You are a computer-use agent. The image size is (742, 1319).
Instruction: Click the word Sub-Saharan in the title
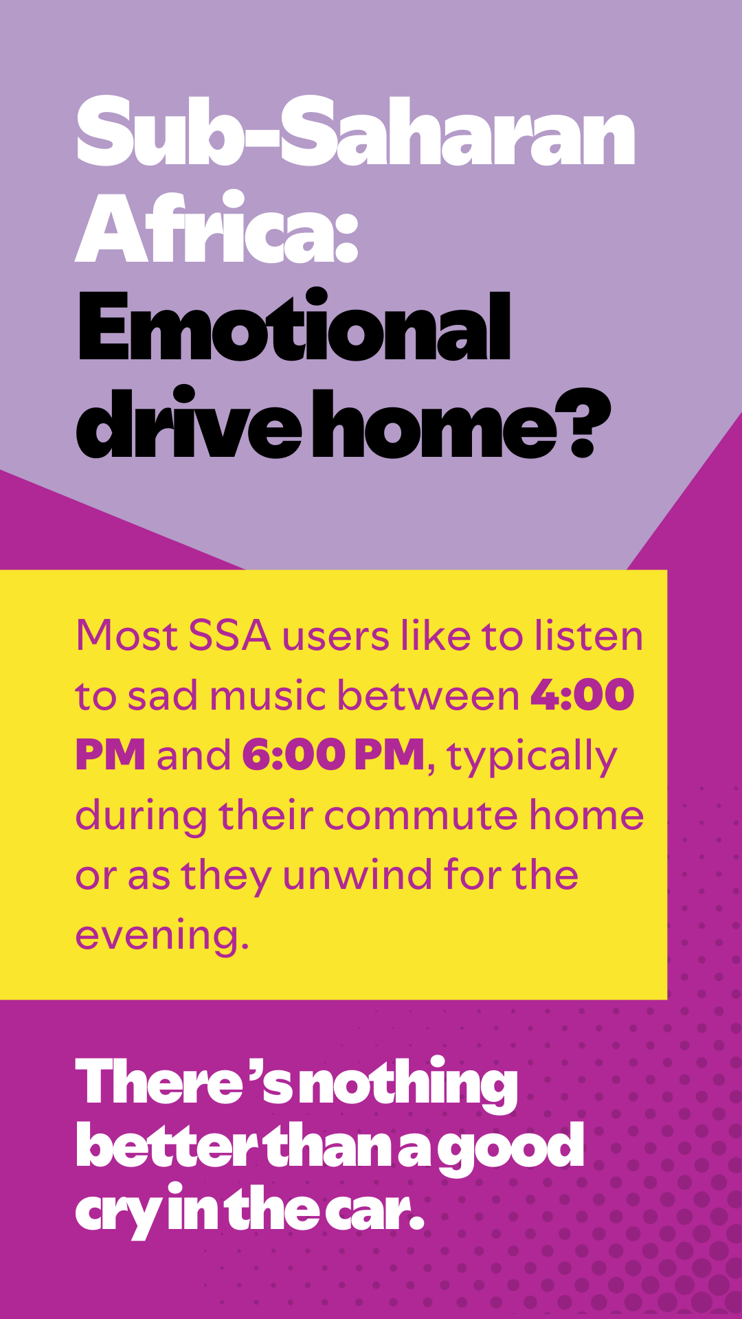356,131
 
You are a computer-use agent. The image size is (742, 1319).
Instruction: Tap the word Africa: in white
217,227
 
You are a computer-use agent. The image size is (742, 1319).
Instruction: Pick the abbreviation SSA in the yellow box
229,635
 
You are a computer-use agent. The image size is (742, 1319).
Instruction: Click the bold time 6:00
293,755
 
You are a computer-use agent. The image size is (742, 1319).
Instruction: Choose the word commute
420,815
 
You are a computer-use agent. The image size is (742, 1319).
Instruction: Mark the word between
429,695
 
